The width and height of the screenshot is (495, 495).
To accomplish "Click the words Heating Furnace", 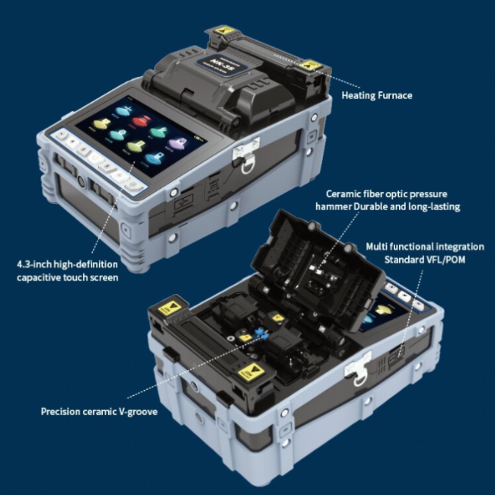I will [377, 95].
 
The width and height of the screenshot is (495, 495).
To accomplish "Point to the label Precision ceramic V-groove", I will [99, 411].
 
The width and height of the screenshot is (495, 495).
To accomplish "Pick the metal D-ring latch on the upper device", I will [243, 161].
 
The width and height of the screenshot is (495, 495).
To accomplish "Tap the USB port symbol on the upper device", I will [182, 203].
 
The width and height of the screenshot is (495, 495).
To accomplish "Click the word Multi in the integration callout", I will [378, 247].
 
